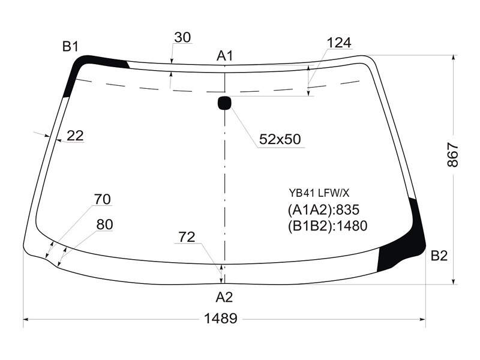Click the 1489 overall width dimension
(220, 319)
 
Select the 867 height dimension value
(453, 155)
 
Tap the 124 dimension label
(339, 43)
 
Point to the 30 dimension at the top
(182, 37)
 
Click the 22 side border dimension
(75, 136)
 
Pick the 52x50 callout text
(280, 139)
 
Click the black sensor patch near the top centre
(224, 103)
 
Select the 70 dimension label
(102, 199)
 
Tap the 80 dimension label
(104, 224)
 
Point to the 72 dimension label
(187, 237)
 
